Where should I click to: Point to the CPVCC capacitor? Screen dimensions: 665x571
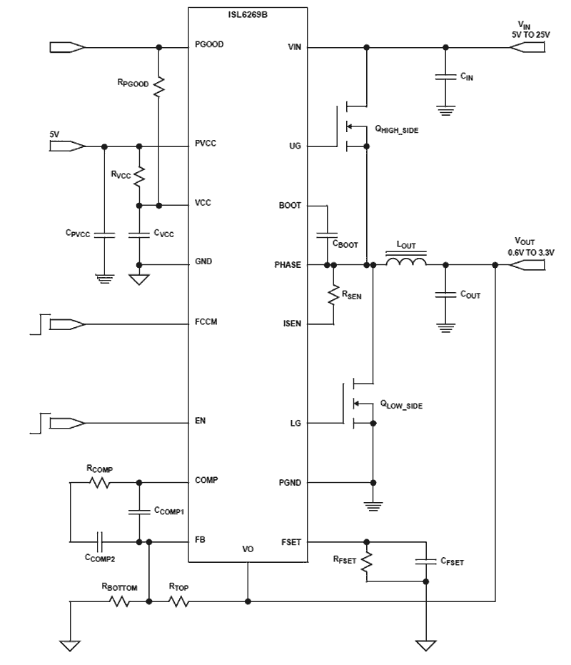pyautogui.click(x=104, y=235)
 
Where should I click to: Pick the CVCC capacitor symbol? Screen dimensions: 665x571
pyautogui.click(x=139, y=235)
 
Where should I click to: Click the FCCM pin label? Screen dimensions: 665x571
pyautogui.click(x=206, y=323)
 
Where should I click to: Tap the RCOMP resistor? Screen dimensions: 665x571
pyautogui.click(x=99, y=483)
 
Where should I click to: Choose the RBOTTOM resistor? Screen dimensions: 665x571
pyautogui.click(x=118, y=602)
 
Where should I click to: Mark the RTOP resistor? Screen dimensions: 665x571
pyautogui.click(x=178, y=602)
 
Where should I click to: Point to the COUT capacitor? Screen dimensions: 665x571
pyautogui.click(x=446, y=294)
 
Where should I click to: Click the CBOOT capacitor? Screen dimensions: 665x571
pyautogui.click(x=327, y=234)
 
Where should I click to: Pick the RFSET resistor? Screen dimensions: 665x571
pyautogui.click(x=366, y=561)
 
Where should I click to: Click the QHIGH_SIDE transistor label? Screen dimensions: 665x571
pyautogui.click(x=401, y=129)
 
